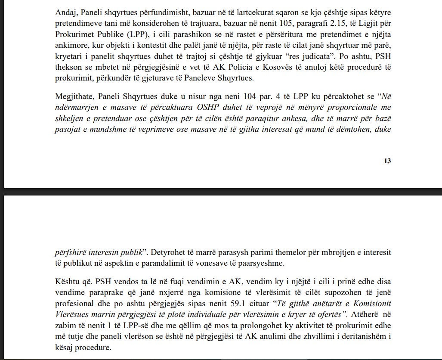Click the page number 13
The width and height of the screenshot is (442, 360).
387,161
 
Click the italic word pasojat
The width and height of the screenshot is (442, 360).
68,130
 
